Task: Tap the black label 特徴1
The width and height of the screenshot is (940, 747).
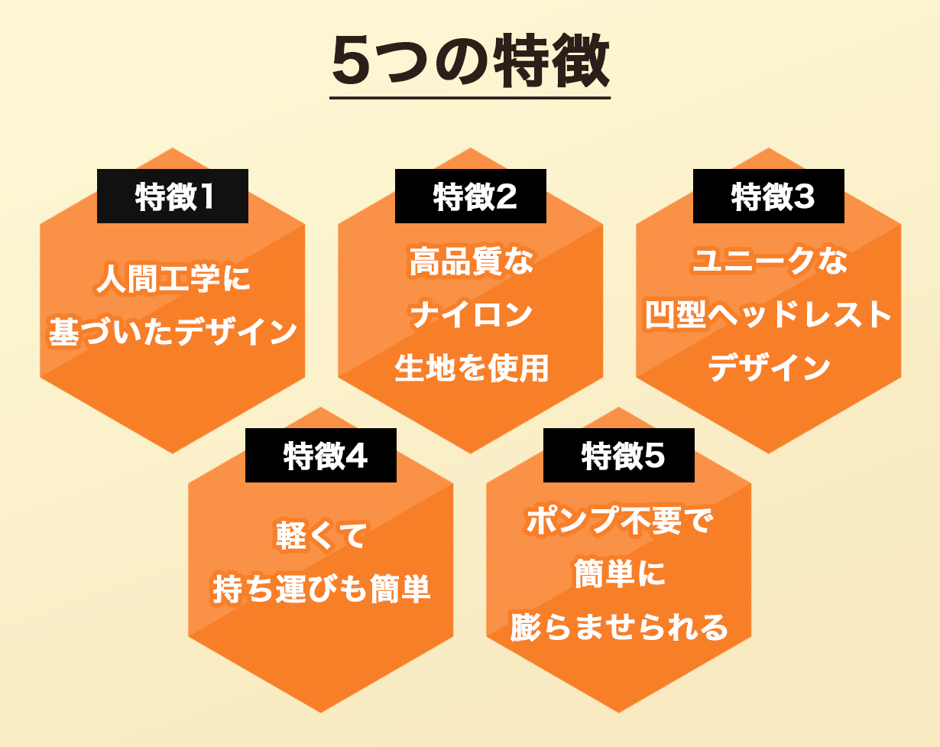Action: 173,196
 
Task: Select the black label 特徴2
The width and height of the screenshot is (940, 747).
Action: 471,196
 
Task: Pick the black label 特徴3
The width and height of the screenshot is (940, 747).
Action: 768,196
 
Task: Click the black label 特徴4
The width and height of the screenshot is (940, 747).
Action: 321,455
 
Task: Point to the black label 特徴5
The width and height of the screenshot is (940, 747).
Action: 618,455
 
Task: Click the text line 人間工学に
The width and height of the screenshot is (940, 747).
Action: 173,278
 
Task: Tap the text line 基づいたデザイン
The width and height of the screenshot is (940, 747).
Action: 173,331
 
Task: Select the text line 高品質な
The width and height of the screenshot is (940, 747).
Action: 472,261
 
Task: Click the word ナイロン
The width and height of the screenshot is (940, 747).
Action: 472,314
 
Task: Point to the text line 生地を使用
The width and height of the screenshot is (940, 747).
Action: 472,368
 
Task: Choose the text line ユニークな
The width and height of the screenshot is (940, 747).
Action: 770,261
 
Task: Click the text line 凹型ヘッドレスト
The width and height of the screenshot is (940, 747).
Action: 768,314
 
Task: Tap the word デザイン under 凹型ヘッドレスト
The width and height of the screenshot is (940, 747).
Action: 770,367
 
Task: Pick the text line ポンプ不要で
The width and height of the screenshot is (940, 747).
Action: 619,520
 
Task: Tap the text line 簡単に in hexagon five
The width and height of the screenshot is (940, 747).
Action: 619,573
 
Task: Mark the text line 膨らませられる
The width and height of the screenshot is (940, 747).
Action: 619,627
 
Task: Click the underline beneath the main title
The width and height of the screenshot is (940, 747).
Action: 470,98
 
